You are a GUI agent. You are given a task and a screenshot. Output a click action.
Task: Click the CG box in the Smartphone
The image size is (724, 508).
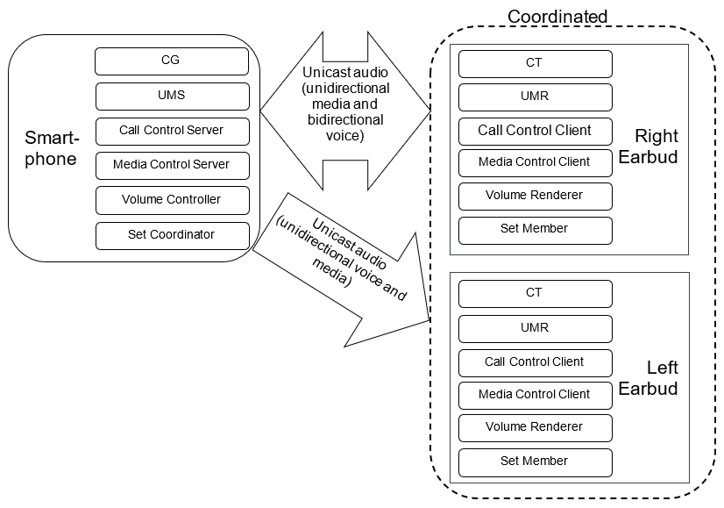click(172, 61)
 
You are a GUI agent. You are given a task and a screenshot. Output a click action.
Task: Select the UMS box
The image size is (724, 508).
click(172, 95)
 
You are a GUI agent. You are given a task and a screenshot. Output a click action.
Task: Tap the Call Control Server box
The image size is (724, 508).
click(172, 130)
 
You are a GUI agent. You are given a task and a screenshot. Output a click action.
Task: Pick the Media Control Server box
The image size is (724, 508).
click(172, 164)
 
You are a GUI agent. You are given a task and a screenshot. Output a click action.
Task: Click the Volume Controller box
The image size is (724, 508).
click(172, 199)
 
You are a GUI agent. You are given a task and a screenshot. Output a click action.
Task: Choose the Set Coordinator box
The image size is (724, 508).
click(172, 234)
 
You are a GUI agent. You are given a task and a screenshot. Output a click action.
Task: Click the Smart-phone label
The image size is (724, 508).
click(51, 148)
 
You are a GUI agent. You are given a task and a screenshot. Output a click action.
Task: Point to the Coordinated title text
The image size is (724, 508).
click(557, 17)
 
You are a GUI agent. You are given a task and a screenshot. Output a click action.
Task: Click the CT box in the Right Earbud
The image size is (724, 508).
click(535, 64)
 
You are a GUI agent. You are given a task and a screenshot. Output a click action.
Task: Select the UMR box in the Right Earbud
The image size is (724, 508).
click(535, 97)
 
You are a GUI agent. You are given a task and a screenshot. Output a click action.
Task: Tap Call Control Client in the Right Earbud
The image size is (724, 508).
click(535, 130)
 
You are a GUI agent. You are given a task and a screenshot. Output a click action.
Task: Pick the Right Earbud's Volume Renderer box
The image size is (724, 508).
click(535, 195)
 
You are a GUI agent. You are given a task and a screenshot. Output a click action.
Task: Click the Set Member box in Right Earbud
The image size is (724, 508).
click(535, 228)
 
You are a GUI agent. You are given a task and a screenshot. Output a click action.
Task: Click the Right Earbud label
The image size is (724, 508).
click(656, 147)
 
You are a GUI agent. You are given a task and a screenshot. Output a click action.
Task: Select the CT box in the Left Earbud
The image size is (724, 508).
click(535, 293)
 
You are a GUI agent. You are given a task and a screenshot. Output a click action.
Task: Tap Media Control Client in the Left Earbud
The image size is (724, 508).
click(535, 394)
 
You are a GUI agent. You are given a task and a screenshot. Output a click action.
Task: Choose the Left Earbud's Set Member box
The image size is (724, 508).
click(535, 461)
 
